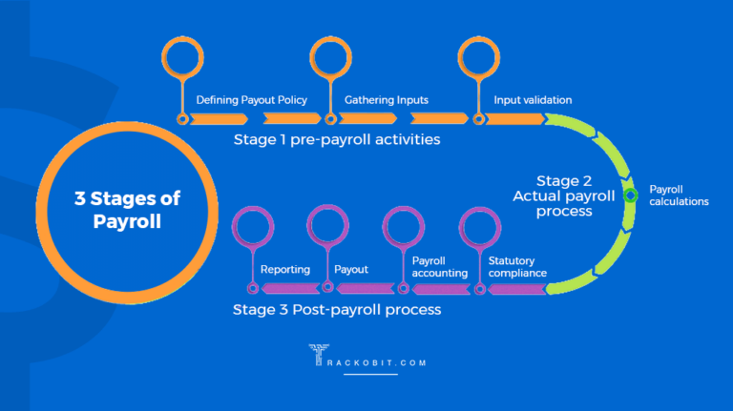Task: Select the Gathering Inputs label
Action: [387, 99]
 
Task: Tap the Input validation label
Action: [533, 99]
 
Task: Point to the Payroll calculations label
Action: [679, 195]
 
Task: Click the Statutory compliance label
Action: [517, 266]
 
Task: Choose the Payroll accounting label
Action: [439, 266]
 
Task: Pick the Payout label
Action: [351, 270]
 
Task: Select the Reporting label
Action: [284, 270]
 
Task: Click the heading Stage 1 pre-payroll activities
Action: [337, 139]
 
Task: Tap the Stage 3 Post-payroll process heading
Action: [337, 310]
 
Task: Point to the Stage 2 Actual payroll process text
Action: [565, 195]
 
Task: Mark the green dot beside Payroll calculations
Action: [630, 195]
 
